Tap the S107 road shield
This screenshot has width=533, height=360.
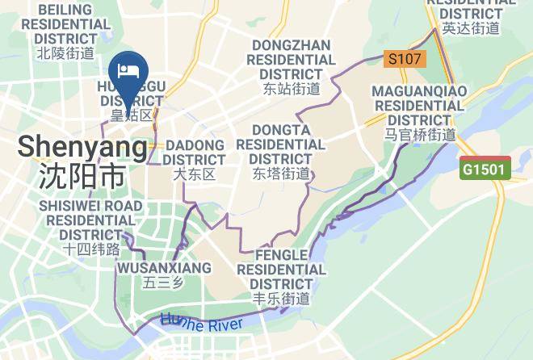(x=404, y=58)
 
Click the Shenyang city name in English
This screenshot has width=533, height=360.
(x=82, y=148)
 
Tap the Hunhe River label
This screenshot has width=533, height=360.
(x=202, y=321)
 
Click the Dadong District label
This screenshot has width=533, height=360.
(x=195, y=153)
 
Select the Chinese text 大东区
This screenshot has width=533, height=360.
(x=195, y=174)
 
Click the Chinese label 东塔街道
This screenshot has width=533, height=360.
(x=280, y=174)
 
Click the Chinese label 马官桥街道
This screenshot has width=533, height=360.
(x=419, y=135)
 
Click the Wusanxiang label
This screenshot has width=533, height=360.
(x=164, y=267)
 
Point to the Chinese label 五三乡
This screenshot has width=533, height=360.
(x=164, y=283)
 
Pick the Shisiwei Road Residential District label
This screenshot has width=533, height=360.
(x=90, y=220)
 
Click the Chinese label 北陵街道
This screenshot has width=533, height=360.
(x=66, y=53)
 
